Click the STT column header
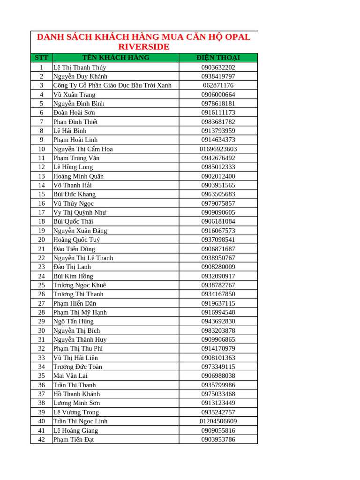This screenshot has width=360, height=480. (x=41, y=58)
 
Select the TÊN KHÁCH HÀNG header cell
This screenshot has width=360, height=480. (x=116, y=58)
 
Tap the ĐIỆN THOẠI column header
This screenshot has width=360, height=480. (x=218, y=58)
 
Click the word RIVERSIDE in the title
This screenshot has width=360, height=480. (x=144, y=47)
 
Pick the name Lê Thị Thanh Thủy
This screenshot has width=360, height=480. (x=80, y=67)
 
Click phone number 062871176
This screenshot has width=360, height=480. (x=218, y=85)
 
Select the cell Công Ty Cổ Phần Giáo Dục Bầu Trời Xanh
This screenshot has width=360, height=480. (x=112, y=85)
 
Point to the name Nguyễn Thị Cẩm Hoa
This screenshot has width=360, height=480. (x=83, y=149)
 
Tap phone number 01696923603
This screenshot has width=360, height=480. (x=218, y=149)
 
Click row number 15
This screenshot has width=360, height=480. (x=41, y=194)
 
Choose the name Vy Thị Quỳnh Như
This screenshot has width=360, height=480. (x=80, y=212)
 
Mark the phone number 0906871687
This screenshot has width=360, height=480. (x=218, y=249)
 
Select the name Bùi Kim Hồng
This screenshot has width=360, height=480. (x=73, y=276)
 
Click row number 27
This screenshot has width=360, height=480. (x=41, y=303)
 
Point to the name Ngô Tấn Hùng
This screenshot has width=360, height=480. (x=74, y=321)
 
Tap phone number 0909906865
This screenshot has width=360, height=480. (x=218, y=339)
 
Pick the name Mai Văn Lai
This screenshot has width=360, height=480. (x=70, y=375)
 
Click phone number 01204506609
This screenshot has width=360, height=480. (x=218, y=421)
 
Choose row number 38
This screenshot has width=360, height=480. (x=41, y=403)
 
